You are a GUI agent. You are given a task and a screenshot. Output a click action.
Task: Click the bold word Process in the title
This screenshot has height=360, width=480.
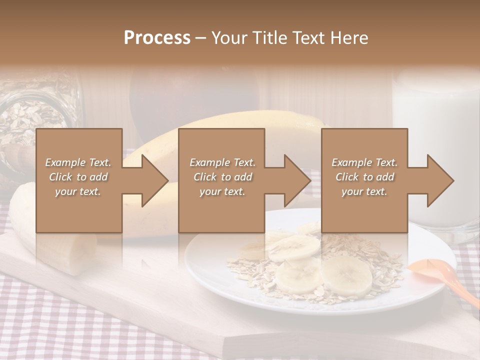(x=157, y=38)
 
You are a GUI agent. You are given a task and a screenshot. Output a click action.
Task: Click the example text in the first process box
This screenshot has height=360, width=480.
(x=78, y=177)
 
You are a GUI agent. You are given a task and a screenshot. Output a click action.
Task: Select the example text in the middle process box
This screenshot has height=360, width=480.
(x=222, y=177)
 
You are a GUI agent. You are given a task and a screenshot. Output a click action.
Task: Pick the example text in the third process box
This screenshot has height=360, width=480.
(x=364, y=177)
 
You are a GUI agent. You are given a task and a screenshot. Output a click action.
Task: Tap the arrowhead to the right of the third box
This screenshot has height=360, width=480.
(x=438, y=180)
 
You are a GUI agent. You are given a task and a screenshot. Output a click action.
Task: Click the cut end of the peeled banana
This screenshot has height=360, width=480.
(x=80, y=255)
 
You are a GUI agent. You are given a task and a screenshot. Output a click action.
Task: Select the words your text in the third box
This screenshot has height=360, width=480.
(x=364, y=191)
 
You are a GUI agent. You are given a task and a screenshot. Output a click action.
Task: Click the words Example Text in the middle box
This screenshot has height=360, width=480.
(x=222, y=162)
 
